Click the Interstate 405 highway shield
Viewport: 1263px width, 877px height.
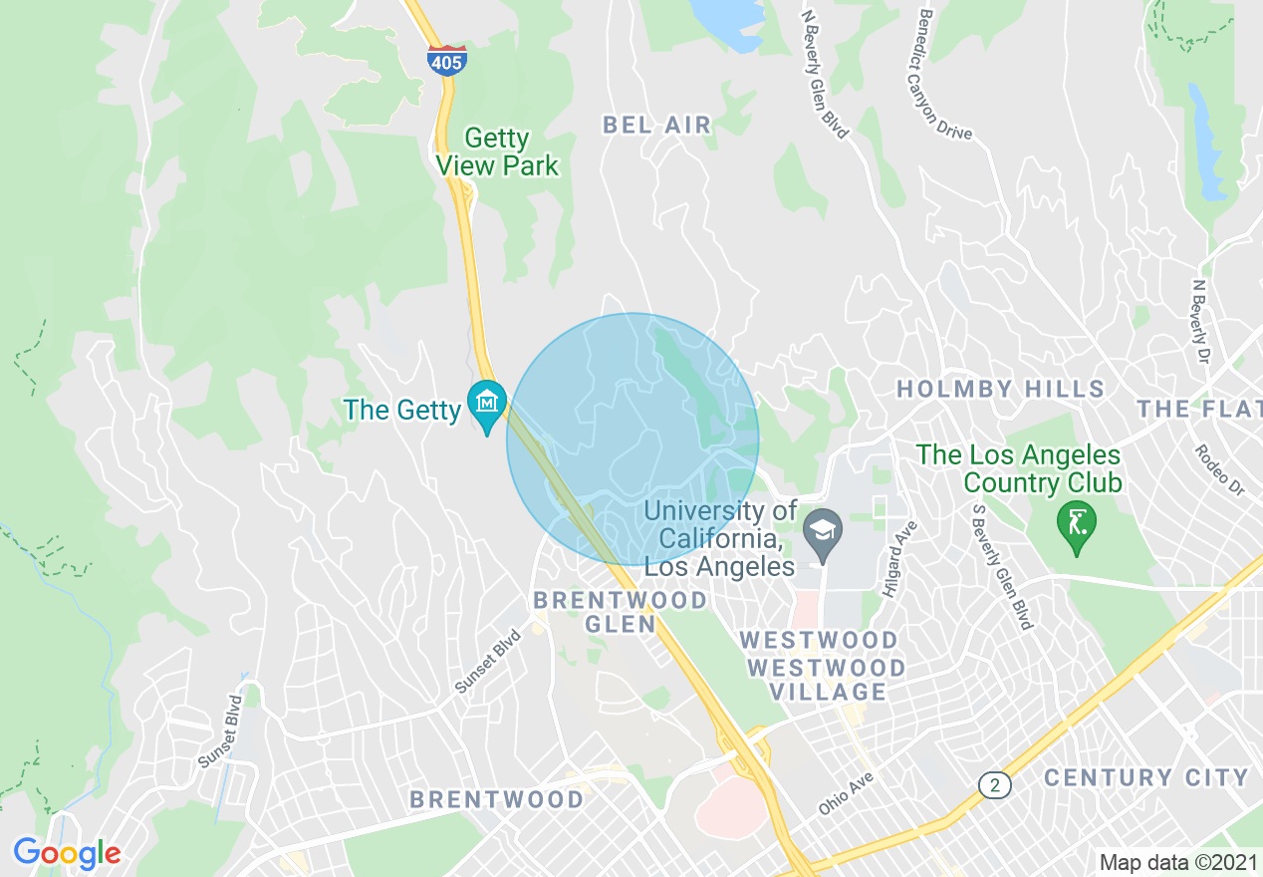(447, 61)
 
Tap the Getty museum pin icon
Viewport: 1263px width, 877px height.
(487, 404)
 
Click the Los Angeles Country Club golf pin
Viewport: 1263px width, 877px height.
(1077, 521)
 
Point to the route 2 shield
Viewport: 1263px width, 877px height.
(994, 785)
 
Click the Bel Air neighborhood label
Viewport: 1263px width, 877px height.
(657, 125)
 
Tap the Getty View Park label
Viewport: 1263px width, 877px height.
(498, 151)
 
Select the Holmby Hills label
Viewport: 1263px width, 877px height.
(1000, 389)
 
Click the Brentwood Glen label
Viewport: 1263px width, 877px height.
(621, 612)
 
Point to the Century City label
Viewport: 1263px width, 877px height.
(1145, 777)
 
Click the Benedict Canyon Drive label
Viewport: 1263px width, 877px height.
(943, 75)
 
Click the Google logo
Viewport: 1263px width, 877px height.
(67, 853)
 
